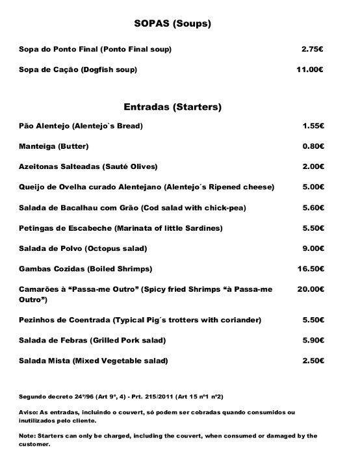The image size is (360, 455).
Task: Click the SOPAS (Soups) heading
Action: [x=173, y=24]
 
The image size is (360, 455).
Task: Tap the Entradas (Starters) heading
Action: [x=173, y=107]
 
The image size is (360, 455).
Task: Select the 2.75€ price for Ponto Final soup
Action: [x=313, y=49]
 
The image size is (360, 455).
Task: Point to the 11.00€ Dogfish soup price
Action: [x=310, y=70]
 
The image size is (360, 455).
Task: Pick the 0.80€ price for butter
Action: [x=313, y=146]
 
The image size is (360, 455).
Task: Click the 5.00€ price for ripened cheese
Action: [x=313, y=187]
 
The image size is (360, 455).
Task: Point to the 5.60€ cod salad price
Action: [x=313, y=207]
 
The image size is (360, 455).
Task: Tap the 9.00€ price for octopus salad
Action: [x=313, y=248]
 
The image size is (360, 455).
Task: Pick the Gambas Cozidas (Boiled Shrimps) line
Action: [x=85, y=268]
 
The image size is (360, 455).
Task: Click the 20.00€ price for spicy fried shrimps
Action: [x=310, y=289]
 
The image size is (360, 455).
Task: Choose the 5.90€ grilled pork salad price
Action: [x=313, y=340]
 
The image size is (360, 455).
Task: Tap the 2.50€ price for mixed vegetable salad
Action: [x=313, y=360]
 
